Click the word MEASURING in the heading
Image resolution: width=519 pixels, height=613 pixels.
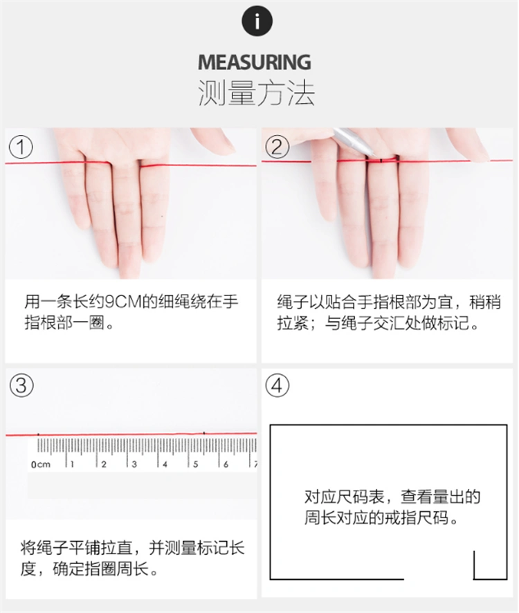255,62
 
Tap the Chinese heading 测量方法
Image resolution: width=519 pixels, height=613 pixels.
256,93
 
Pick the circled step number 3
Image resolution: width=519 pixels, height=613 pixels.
21,385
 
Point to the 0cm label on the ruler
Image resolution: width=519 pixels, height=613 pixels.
41,464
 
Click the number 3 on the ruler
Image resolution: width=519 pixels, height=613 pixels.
135,464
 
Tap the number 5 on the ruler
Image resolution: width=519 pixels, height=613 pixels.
197,464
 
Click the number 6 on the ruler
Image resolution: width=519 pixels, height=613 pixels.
227,464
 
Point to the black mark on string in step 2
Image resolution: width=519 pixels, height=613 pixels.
381,161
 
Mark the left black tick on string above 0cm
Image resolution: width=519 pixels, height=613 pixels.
38,434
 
